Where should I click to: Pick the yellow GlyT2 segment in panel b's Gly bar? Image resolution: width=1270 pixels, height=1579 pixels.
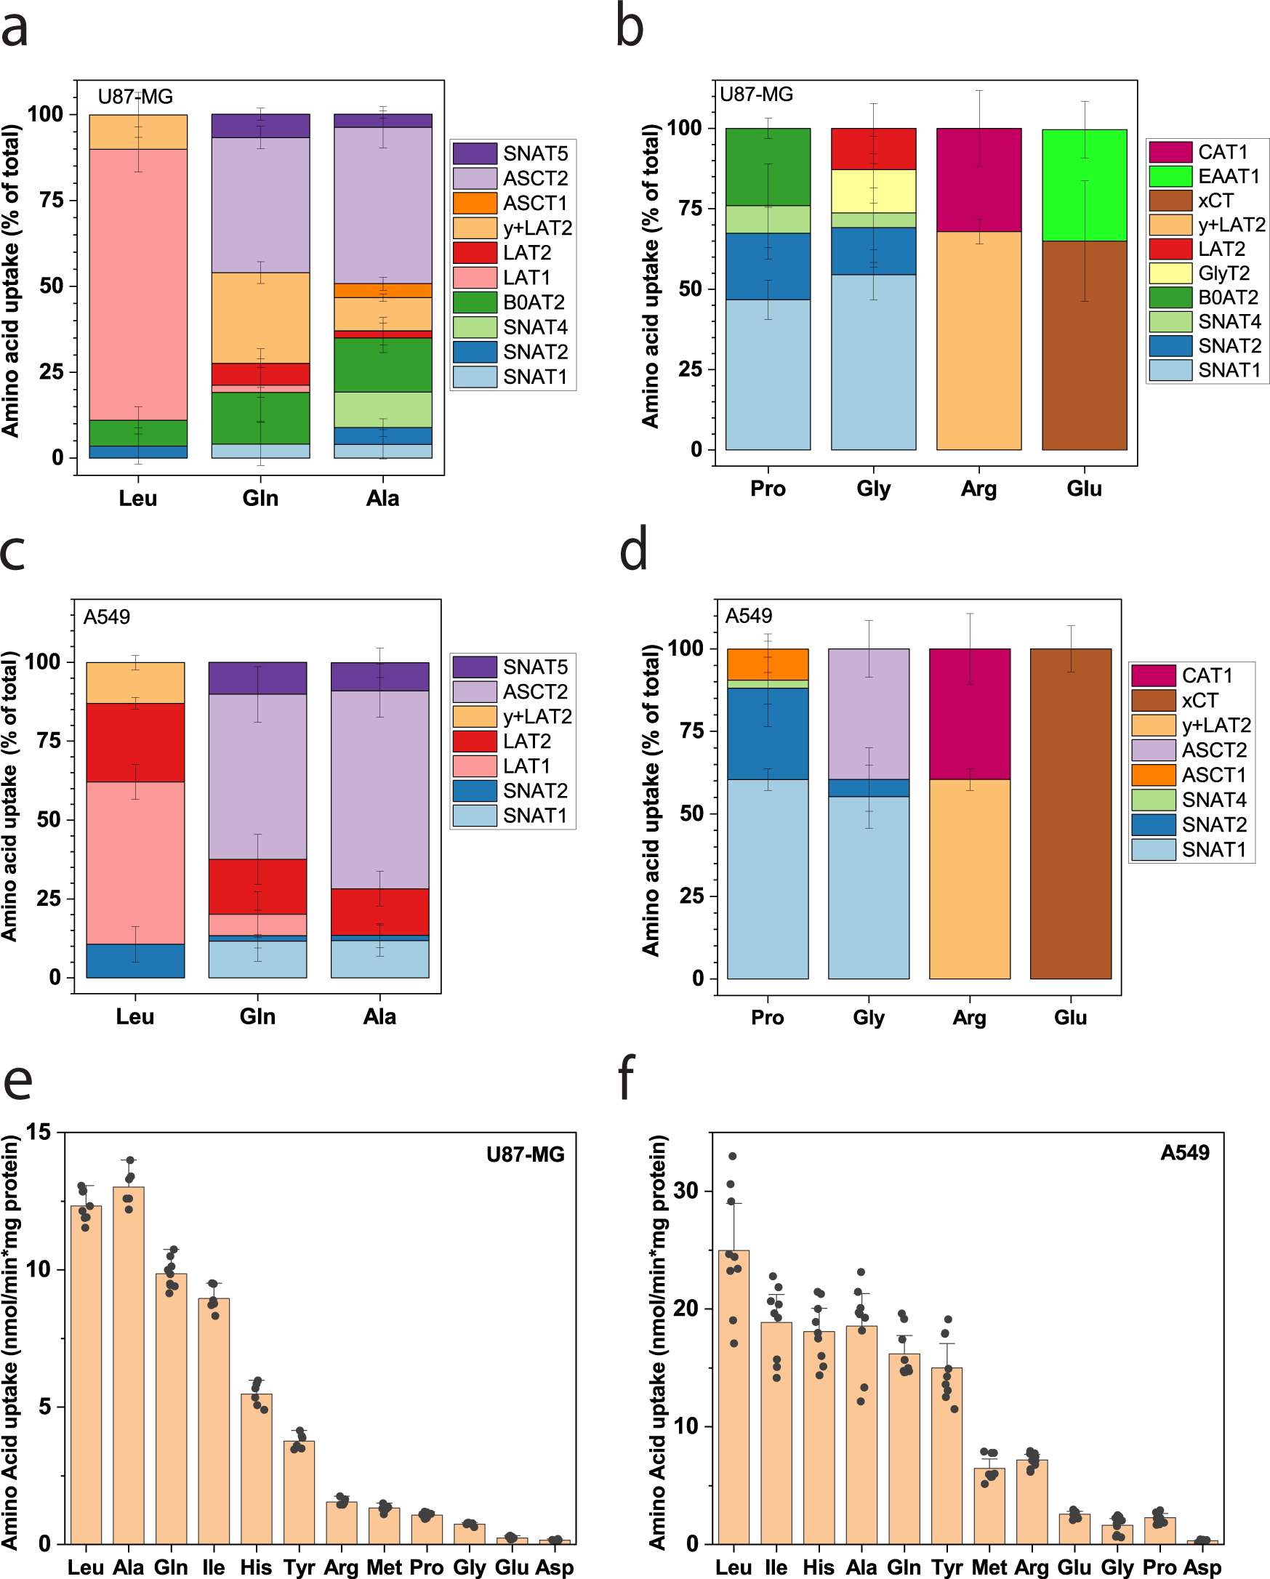pos(873,191)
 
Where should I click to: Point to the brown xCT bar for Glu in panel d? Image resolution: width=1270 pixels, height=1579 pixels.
pos(1070,813)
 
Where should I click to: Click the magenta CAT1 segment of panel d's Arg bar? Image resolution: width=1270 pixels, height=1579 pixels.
pos(969,713)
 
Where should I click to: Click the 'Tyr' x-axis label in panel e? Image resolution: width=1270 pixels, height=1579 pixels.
pos(299,1567)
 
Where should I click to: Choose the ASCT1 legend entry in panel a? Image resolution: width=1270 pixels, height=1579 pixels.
pos(534,203)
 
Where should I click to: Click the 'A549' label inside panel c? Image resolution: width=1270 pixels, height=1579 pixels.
pos(107,616)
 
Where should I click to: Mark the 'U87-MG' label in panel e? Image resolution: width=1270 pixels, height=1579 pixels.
pos(525,1154)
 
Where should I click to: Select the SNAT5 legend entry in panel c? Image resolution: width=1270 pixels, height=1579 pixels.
pos(534,667)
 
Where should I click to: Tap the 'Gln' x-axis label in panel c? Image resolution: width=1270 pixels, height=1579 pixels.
pos(257,1016)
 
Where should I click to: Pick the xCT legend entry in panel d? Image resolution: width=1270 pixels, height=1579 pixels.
pos(1199,700)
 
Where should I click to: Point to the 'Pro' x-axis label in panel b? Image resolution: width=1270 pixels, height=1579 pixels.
pos(768,489)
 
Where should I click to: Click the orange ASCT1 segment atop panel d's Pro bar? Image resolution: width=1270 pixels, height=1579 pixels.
pos(768,664)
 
